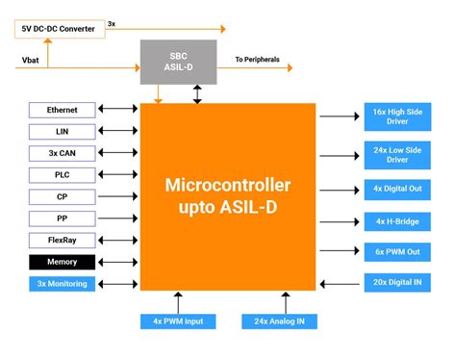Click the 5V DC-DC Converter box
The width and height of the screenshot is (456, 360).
(60, 29)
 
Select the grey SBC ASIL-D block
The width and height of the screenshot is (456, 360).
(178, 62)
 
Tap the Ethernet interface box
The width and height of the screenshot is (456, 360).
(63, 110)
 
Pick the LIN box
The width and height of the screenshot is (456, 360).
(63, 132)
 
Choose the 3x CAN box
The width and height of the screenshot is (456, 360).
(63, 153)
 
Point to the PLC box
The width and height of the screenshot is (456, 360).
(63, 175)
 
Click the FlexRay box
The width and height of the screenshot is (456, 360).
(63, 241)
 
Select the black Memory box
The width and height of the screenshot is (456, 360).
(63, 262)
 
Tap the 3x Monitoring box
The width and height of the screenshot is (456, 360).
(63, 284)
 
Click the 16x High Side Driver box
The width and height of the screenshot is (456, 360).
(397, 116)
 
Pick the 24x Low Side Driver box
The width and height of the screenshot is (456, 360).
(397, 155)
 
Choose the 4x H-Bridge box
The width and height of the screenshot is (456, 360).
(397, 221)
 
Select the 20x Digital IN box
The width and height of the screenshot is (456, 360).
(397, 283)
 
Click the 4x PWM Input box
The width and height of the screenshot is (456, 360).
(178, 321)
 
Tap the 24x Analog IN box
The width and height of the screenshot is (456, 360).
(279, 321)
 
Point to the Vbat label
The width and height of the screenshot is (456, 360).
(31, 61)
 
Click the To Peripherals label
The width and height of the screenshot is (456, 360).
(257, 60)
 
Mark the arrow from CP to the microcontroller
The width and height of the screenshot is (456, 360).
(117, 196)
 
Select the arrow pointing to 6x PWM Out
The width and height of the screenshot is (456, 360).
(340, 250)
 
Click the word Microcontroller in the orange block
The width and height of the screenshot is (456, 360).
(228, 185)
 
